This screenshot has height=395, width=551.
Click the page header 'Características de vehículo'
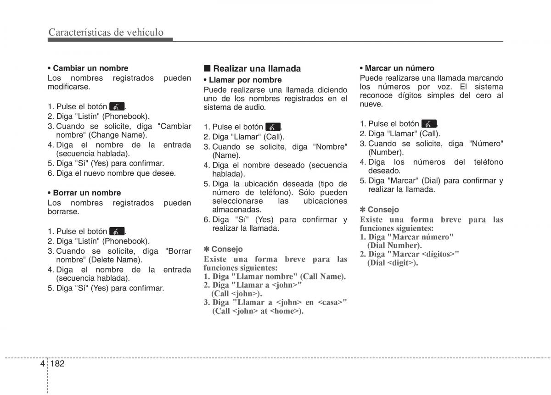106,32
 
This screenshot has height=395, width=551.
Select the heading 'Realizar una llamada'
257,69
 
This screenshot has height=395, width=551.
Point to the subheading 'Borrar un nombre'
87,193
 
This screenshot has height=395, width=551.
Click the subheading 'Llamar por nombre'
245,80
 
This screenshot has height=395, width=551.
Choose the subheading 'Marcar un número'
399,68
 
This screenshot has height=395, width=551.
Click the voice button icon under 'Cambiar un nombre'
117,106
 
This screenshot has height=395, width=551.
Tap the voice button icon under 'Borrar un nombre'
117,232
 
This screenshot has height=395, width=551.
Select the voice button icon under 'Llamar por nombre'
273,127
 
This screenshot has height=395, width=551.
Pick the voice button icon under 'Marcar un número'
429,124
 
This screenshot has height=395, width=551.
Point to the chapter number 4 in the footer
42,363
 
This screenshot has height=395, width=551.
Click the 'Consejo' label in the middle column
226,249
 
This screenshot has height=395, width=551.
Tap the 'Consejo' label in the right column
382,210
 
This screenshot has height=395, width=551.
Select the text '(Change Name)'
118,135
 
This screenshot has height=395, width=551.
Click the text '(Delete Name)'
115,260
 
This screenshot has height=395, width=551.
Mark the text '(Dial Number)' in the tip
394,245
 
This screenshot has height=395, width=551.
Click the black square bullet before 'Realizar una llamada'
207,68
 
